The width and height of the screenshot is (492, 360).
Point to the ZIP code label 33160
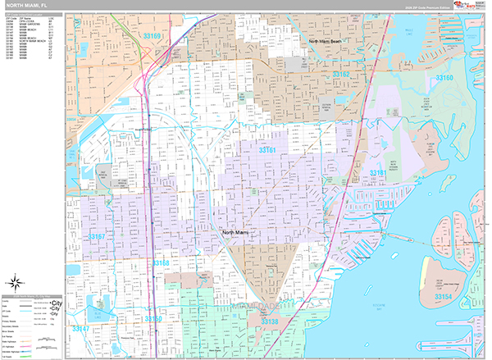tap(444, 78)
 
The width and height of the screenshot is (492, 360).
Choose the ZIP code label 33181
tap(377, 173)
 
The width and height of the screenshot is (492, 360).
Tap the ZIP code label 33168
tap(160, 263)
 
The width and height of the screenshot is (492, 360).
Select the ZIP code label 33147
tap(80, 328)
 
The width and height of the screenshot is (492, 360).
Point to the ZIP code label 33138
tap(271, 322)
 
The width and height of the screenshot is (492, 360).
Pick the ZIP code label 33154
tap(443, 295)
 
